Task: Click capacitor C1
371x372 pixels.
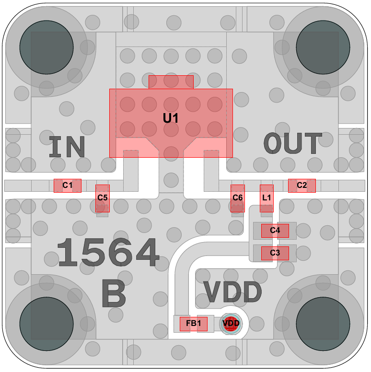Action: (x=68, y=186)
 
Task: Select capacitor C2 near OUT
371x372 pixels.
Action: (x=301, y=186)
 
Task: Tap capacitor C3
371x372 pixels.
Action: (x=275, y=253)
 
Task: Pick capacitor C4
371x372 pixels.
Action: (x=275, y=231)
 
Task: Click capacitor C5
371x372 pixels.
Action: (x=103, y=198)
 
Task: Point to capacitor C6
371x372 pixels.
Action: (x=238, y=198)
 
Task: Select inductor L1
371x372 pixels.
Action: (x=267, y=198)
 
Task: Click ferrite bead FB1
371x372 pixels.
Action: (x=193, y=324)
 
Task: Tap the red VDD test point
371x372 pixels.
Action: (x=232, y=324)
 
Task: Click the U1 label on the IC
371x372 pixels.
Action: (x=171, y=118)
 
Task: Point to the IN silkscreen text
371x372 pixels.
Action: (x=67, y=147)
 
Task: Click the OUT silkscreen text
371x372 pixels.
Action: (x=293, y=144)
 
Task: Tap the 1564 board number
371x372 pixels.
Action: (x=108, y=253)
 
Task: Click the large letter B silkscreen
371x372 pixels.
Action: (x=114, y=293)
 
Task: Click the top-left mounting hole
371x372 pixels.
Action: (x=46, y=47)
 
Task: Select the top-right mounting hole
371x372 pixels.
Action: (x=323, y=47)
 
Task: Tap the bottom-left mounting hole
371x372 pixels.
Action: (x=46, y=324)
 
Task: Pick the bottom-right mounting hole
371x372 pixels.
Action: (x=323, y=324)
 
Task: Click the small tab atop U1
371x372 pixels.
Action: (x=171, y=82)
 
